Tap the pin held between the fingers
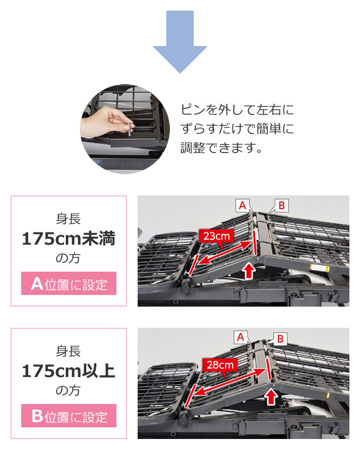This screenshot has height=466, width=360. point(130,131)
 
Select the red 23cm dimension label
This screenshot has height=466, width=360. point(217,236)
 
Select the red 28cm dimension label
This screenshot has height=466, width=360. point(220,365)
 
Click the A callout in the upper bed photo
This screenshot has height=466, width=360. point(242,205)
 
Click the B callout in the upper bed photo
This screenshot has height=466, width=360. point(282,205)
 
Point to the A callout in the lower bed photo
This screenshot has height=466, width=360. point(240,337)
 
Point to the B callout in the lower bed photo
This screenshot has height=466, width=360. point(280,339)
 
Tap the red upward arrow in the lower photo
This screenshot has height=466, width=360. point(271,397)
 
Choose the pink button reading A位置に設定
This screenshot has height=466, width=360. point(69,283)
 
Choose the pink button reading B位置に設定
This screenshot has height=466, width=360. point(69,416)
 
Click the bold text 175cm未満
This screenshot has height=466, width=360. point(69,239)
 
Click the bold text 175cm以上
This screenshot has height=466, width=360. point(69,371)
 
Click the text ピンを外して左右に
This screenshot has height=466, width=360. point(237,110)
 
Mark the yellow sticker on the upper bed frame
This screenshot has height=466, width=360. point(320,267)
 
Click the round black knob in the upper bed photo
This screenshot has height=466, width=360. point(187,288)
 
